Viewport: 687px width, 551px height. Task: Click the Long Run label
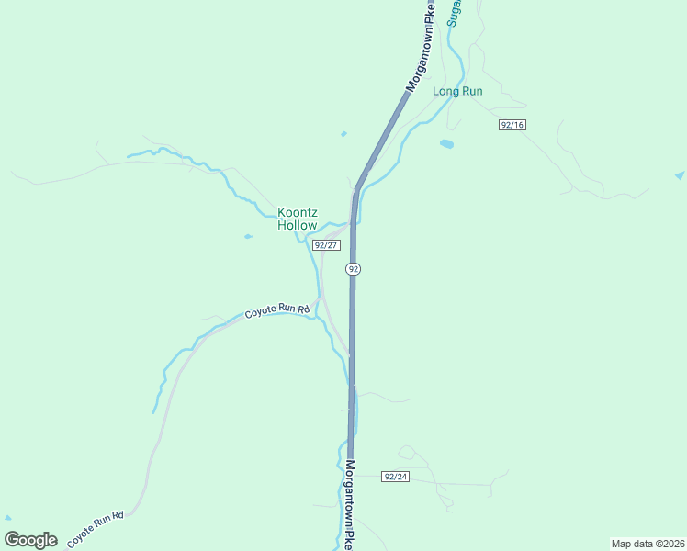(457, 92)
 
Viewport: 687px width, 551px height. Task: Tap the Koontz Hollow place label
(298, 219)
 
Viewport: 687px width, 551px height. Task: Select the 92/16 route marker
(512, 124)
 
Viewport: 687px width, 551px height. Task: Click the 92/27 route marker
(326, 245)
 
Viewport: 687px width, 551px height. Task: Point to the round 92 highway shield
(353, 268)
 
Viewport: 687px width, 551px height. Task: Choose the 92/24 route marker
(396, 477)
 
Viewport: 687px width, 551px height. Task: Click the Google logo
(30, 540)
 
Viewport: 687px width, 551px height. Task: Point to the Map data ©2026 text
(648, 544)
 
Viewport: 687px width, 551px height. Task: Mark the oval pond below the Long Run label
(446, 144)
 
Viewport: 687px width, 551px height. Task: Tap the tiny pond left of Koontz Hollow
(248, 237)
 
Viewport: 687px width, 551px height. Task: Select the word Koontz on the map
(298, 212)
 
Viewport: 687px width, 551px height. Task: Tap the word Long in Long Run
(445, 92)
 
